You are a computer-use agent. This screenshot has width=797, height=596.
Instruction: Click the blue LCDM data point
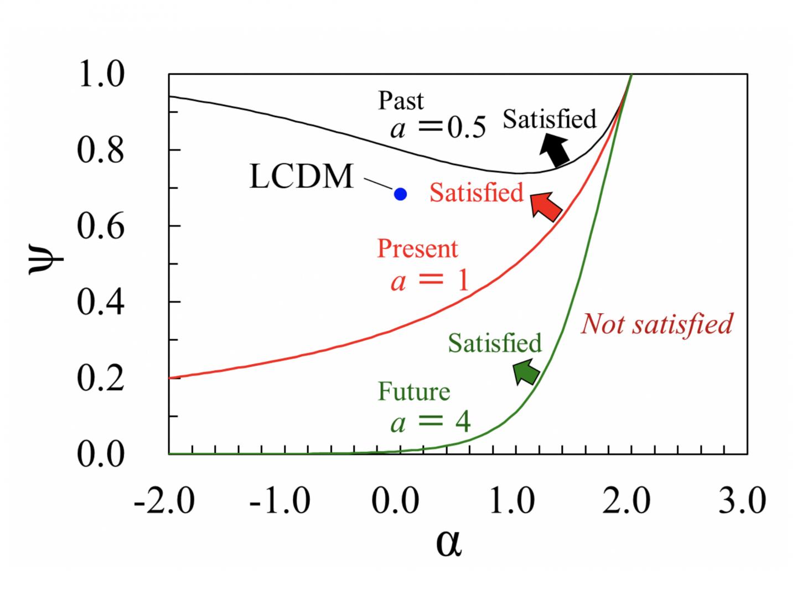(x=400, y=194)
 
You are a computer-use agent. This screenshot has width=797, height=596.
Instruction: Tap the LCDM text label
(x=301, y=177)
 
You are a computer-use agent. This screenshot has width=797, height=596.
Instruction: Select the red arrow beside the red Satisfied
(x=546, y=206)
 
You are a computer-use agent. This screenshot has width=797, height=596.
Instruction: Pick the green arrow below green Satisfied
(x=526, y=371)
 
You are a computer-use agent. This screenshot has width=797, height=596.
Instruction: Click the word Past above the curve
(x=401, y=101)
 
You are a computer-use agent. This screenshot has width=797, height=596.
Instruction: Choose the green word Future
(x=413, y=392)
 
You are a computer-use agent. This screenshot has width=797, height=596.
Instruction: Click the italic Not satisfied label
(x=656, y=324)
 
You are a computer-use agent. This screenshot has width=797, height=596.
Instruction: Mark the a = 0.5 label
(x=438, y=128)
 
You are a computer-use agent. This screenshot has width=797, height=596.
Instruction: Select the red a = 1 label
(x=429, y=280)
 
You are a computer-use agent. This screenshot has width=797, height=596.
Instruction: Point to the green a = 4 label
(x=430, y=423)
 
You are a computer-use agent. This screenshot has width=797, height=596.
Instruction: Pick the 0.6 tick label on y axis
(x=100, y=226)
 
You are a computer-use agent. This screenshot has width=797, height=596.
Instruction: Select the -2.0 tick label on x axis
(x=164, y=500)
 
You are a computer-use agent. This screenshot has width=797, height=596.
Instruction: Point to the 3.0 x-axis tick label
(x=742, y=500)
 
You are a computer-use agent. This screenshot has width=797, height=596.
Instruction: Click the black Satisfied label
(x=549, y=119)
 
